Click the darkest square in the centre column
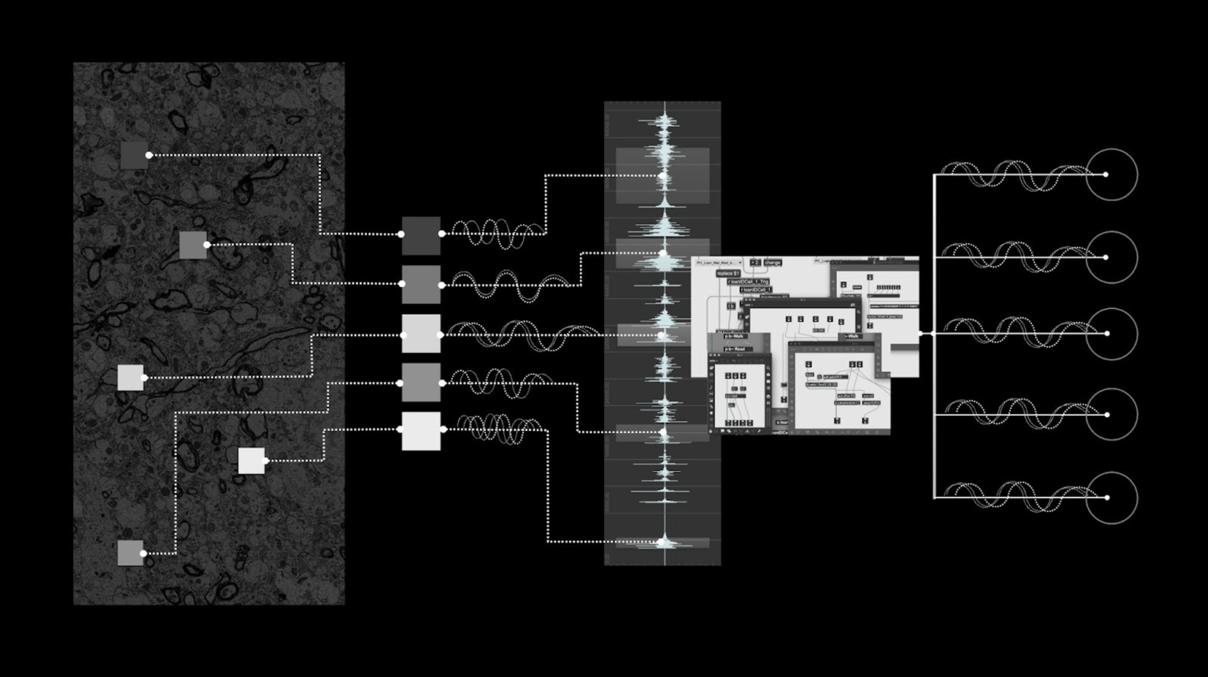(421, 235)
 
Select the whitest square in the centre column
(421, 431)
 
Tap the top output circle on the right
(1111, 175)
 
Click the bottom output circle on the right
(1111, 498)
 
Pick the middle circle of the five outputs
(1111, 333)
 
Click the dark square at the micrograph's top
(134, 155)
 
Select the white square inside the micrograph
(252, 461)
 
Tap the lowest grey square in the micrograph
(131, 553)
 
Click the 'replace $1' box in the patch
(728, 274)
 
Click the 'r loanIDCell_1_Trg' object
(748, 281)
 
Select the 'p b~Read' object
(735, 348)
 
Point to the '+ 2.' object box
(755, 263)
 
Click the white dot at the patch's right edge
(921, 333)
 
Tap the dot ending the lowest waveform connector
(663, 542)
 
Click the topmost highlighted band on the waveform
(662, 175)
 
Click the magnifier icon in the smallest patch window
(768, 368)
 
